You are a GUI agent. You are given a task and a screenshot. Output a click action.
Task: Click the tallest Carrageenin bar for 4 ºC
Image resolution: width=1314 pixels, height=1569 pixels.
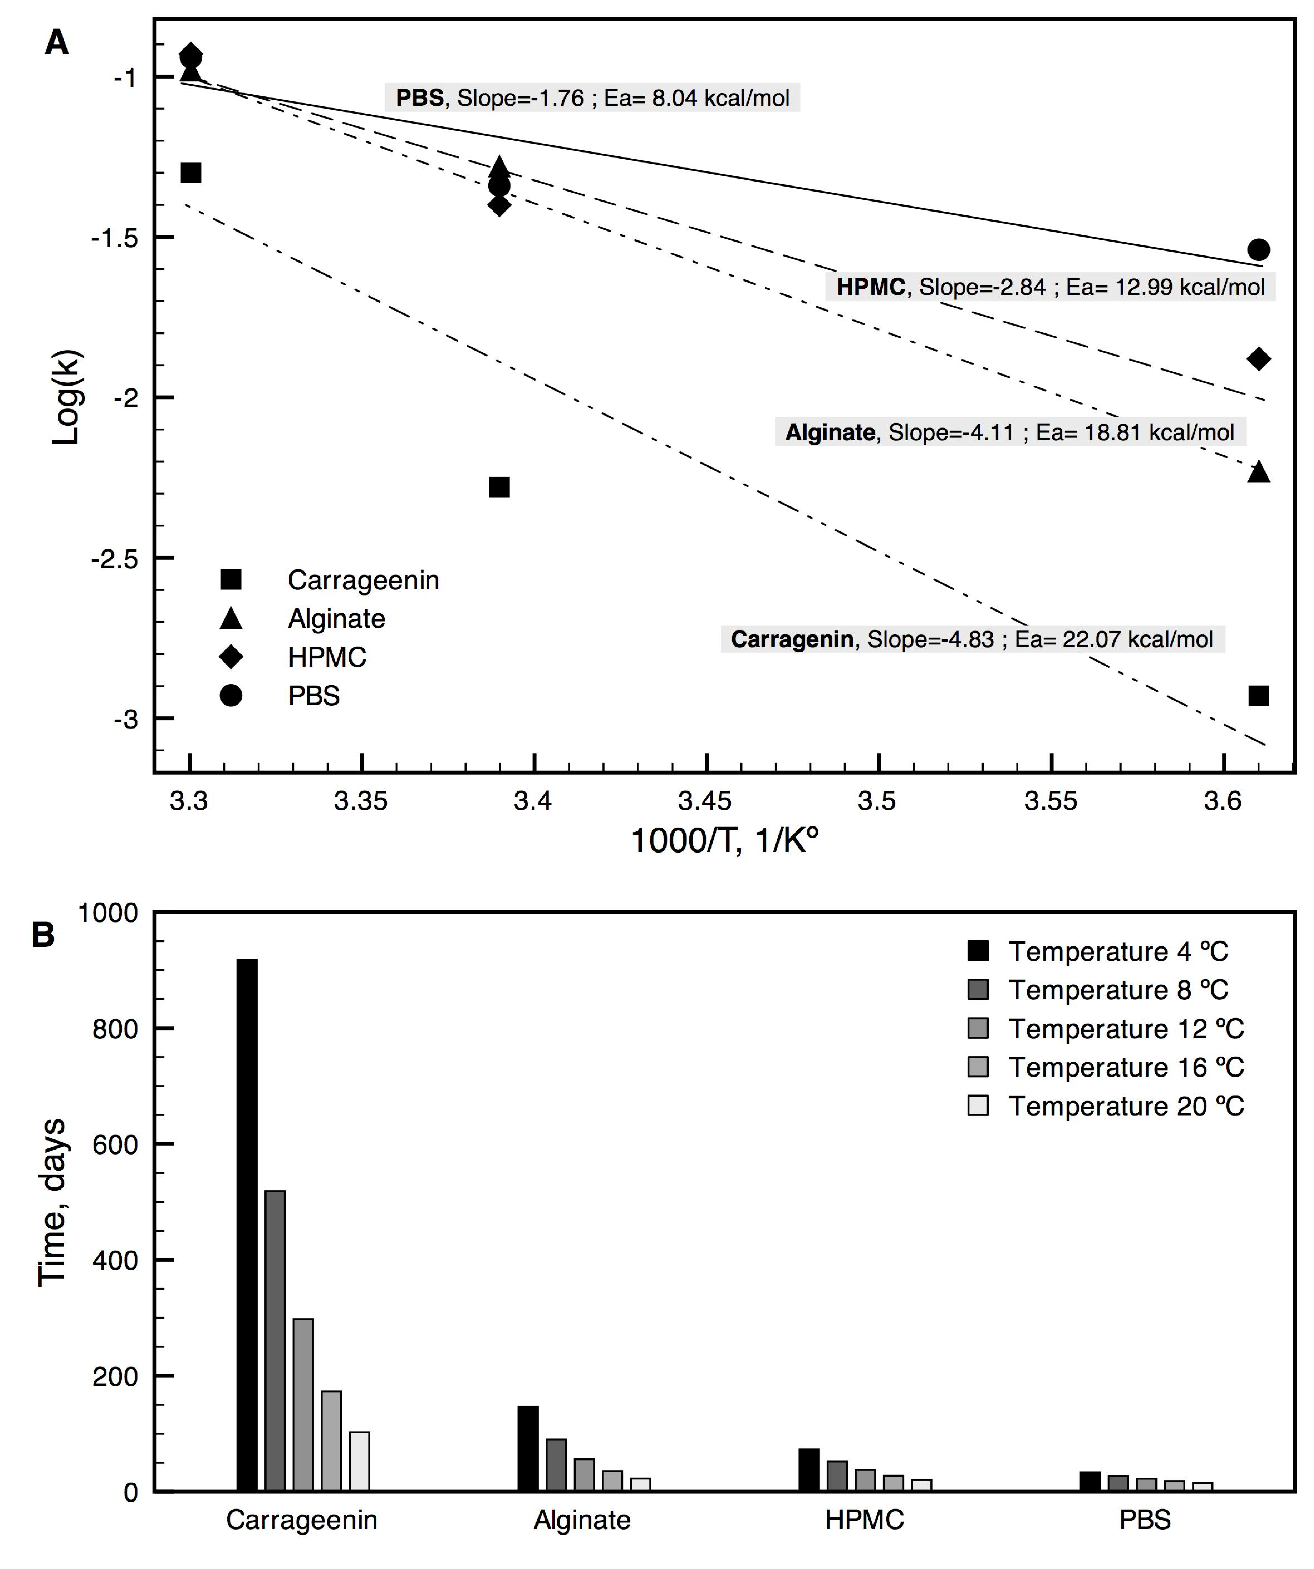pos(247,1225)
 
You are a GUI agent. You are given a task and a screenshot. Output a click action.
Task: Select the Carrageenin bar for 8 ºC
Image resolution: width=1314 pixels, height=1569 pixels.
pos(275,1341)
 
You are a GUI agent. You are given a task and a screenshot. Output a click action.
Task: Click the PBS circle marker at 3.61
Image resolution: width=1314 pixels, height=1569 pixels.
pos(1259,250)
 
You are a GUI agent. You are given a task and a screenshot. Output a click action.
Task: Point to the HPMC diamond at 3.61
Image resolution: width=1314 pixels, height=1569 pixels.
pos(1259,359)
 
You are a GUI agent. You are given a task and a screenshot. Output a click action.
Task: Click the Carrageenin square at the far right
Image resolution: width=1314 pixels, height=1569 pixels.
pos(1259,696)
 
